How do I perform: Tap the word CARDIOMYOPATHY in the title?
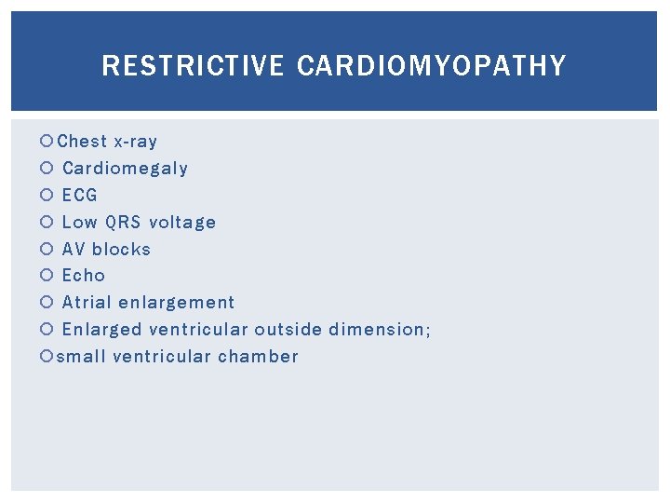tap(432, 66)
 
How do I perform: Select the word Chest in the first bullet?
tap(82, 142)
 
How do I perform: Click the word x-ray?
tap(135, 142)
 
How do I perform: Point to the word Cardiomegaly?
tap(125, 169)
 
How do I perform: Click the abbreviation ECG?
tap(79, 196)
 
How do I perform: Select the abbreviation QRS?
tap(124, 223)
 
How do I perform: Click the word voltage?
tap(182, 223)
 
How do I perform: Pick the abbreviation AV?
tap(74, 250)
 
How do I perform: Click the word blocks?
tap(121, 250)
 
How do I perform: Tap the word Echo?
tap(84, 276)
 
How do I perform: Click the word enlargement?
tap(177, 303)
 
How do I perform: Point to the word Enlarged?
tap(101, 330)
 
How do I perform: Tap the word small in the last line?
tap(80, 357)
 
